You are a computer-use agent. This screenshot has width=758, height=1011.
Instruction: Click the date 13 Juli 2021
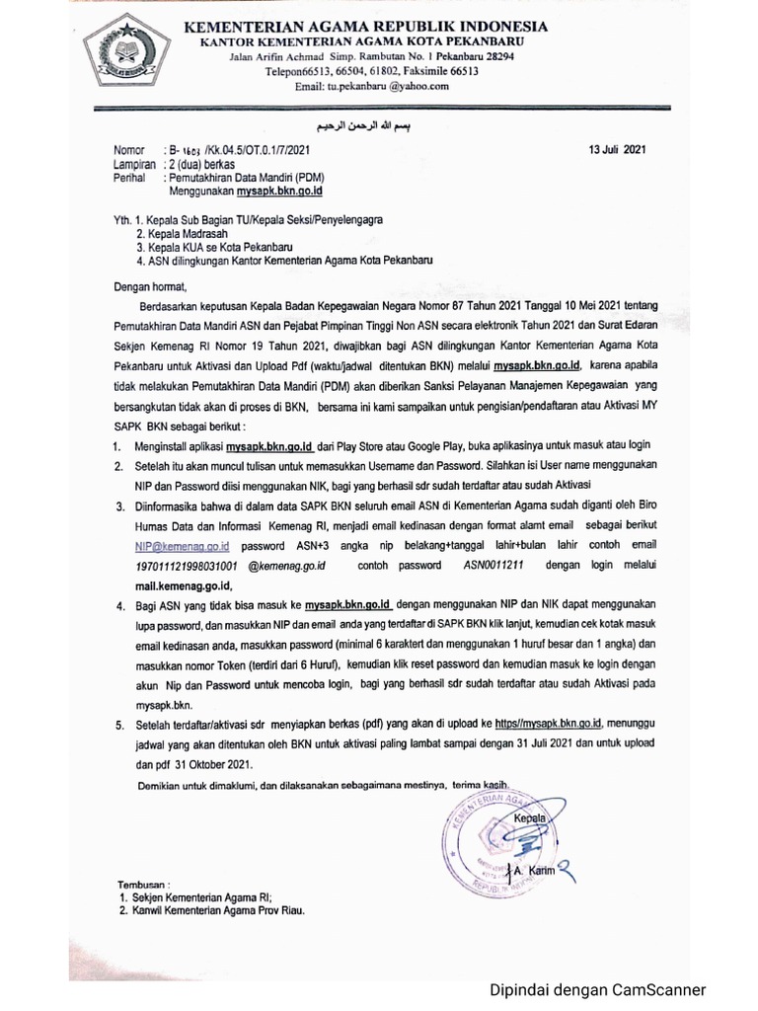[616, 149]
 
